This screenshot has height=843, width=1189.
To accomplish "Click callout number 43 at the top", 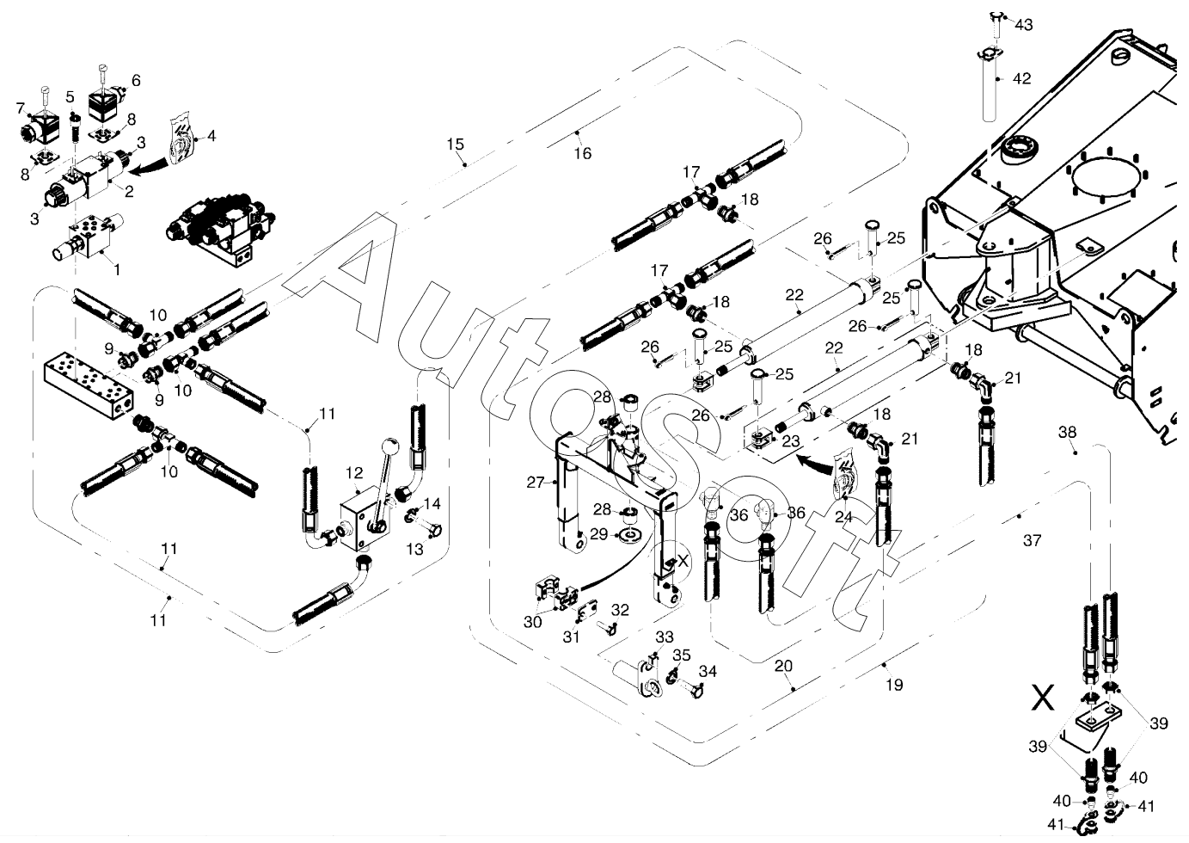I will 1024,25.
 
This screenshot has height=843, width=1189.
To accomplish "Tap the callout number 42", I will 1021,78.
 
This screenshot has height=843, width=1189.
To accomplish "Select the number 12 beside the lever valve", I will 354,472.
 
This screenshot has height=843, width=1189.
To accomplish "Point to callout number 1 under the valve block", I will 117,268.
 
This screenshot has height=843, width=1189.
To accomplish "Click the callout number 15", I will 455,143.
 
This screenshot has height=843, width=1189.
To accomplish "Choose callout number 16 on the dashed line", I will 583,153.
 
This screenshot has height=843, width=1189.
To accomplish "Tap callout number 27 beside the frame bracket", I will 536,483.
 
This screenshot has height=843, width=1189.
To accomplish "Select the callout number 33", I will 665,637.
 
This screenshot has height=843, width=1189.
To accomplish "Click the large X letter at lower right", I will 1043,697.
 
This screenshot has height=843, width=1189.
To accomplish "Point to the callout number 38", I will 1067,433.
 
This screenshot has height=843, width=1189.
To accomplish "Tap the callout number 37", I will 1032,540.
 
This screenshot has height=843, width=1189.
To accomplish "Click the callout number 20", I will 783,666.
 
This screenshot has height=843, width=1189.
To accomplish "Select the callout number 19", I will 894,685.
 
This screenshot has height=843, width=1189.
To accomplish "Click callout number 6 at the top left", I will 135,81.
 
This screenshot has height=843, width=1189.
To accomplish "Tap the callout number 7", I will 21,108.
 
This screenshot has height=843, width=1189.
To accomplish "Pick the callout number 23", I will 790,440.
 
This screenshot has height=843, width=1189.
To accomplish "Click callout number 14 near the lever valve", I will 432,504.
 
